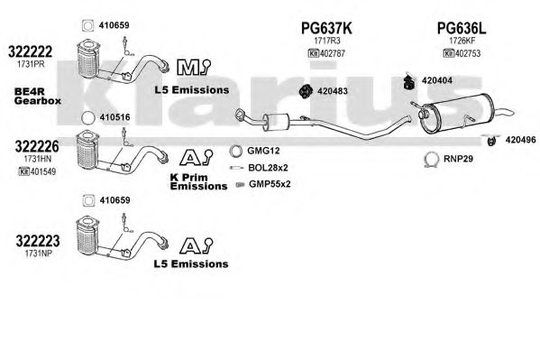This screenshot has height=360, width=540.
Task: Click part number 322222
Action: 31,51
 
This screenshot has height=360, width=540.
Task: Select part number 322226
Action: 37,146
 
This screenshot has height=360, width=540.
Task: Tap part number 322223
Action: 38,241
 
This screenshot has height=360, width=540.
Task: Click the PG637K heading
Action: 326,28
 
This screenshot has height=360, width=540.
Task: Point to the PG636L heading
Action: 462,28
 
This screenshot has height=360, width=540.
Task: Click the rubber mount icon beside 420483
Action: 306,91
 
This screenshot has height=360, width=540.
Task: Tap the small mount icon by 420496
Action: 491,141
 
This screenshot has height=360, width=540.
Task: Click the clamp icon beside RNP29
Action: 431,160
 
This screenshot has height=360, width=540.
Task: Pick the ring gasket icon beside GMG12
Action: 236,151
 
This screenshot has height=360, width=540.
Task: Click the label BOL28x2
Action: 268,168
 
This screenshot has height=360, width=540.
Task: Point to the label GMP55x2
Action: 270,184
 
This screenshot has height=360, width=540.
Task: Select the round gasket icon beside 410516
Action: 87,118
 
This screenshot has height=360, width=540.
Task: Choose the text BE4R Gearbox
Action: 38,97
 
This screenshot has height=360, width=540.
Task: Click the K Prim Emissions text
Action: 198,181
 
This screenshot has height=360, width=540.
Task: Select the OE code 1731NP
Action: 38,254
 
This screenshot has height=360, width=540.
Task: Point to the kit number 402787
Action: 333,54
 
